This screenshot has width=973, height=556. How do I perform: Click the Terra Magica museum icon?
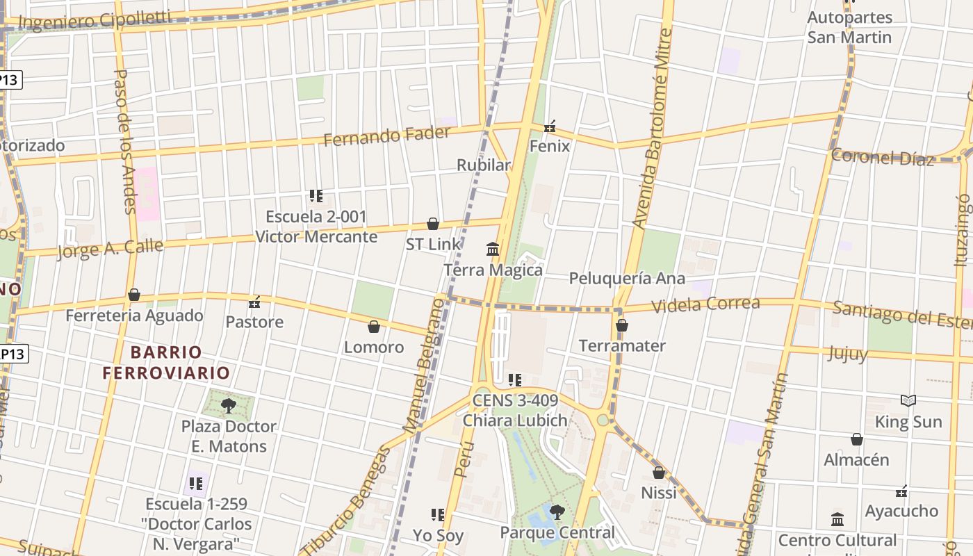click(x=493, y=249)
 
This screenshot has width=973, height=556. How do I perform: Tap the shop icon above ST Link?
click(x=433, y=224)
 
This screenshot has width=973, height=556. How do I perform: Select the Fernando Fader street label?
click(x=387, y=136)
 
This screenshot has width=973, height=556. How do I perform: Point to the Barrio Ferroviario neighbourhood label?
click(x=166, y=362)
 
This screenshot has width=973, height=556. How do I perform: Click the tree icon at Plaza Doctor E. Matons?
click(x=228, y=405)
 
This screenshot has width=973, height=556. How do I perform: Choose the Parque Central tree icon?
click(x=557, y=512)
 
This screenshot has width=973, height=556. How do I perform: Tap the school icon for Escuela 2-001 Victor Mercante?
click(x=316, y=196)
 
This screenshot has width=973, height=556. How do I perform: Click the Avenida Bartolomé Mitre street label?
click(x=653, y=129)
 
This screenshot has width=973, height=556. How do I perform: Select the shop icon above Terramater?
click(x=622, y=325)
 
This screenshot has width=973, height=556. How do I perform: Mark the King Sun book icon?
click(x=908, y=401)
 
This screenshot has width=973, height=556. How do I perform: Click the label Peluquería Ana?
click(x=627, y=279)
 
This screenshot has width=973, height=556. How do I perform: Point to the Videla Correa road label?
click(x=706, y=304)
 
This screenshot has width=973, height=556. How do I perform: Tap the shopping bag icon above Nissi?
click(x=659, y=473)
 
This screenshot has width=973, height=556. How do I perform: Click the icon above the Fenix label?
click(x=550, y=126)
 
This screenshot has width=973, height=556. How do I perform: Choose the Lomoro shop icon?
click(x=374, y=327)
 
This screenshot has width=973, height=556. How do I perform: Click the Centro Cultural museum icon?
click(x=837, y=520)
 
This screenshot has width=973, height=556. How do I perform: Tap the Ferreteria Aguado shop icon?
click(x=134, y=295)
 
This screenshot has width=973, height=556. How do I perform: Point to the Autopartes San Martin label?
click(x=849, y=27)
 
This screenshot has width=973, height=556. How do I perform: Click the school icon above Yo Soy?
click(x=438, y=515)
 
